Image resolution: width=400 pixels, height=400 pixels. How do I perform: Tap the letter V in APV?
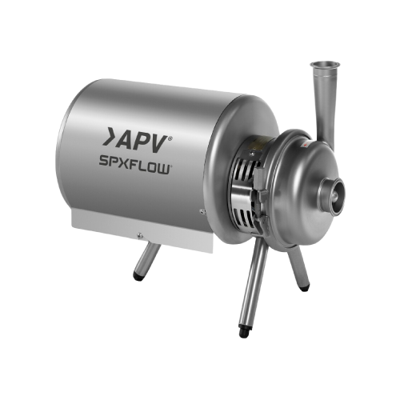(x=157, y=145)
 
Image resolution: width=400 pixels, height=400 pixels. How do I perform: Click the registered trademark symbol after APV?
(x=170, y=138)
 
